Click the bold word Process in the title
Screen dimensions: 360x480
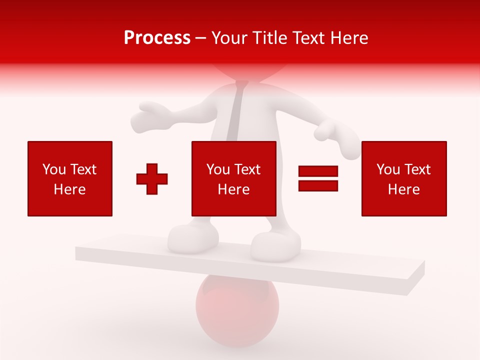tap(157, 38)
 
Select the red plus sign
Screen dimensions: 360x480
tap(152, 179)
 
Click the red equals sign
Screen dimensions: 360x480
tap(318, 178)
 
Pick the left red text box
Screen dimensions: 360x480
tap(70, 178)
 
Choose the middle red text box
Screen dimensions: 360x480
tap(234, 178)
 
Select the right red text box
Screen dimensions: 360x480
tap(404, 178)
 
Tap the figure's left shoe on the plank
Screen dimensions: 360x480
tap(193, 237)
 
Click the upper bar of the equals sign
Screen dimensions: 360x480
tap(318, 171)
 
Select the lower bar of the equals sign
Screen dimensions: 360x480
tap(318, 185)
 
